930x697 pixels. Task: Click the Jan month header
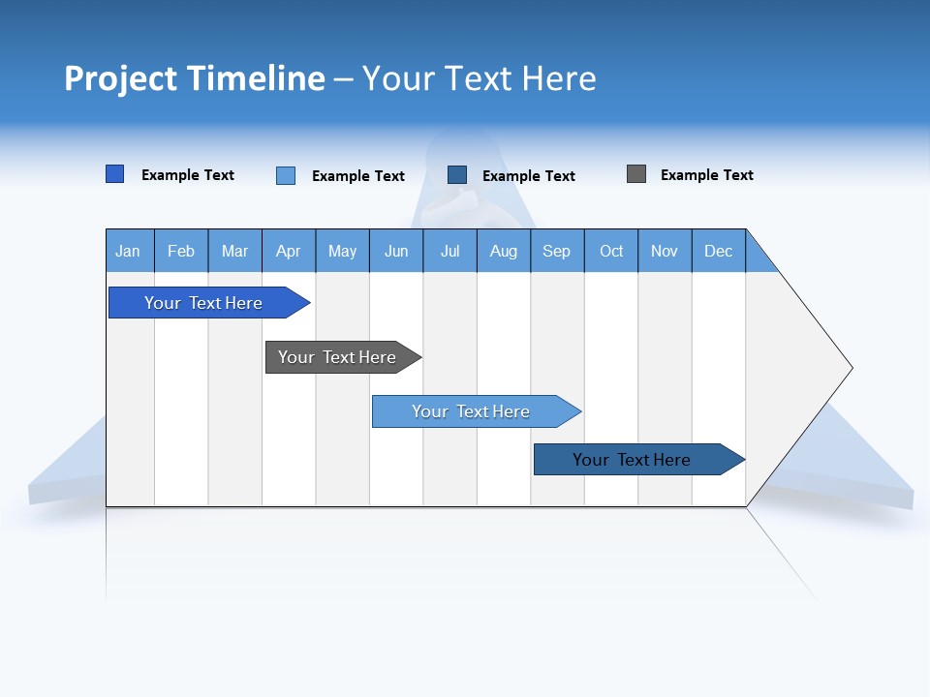[129, 251]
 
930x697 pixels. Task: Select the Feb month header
[181, 251]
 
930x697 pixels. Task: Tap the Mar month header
[234, 251]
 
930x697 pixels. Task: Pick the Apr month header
[289, 251]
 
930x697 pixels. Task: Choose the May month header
[342, 251]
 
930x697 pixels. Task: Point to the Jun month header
[396, 251]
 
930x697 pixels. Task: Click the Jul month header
[449, 251]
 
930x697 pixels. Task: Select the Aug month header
[504, 251]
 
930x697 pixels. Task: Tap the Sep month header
[557, 251]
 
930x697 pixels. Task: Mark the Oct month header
[611, 251]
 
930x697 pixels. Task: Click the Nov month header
[665, 251]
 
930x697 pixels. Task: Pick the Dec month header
[719, 251]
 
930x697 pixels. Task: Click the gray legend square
[636, 174]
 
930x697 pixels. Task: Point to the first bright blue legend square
[115, 174]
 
